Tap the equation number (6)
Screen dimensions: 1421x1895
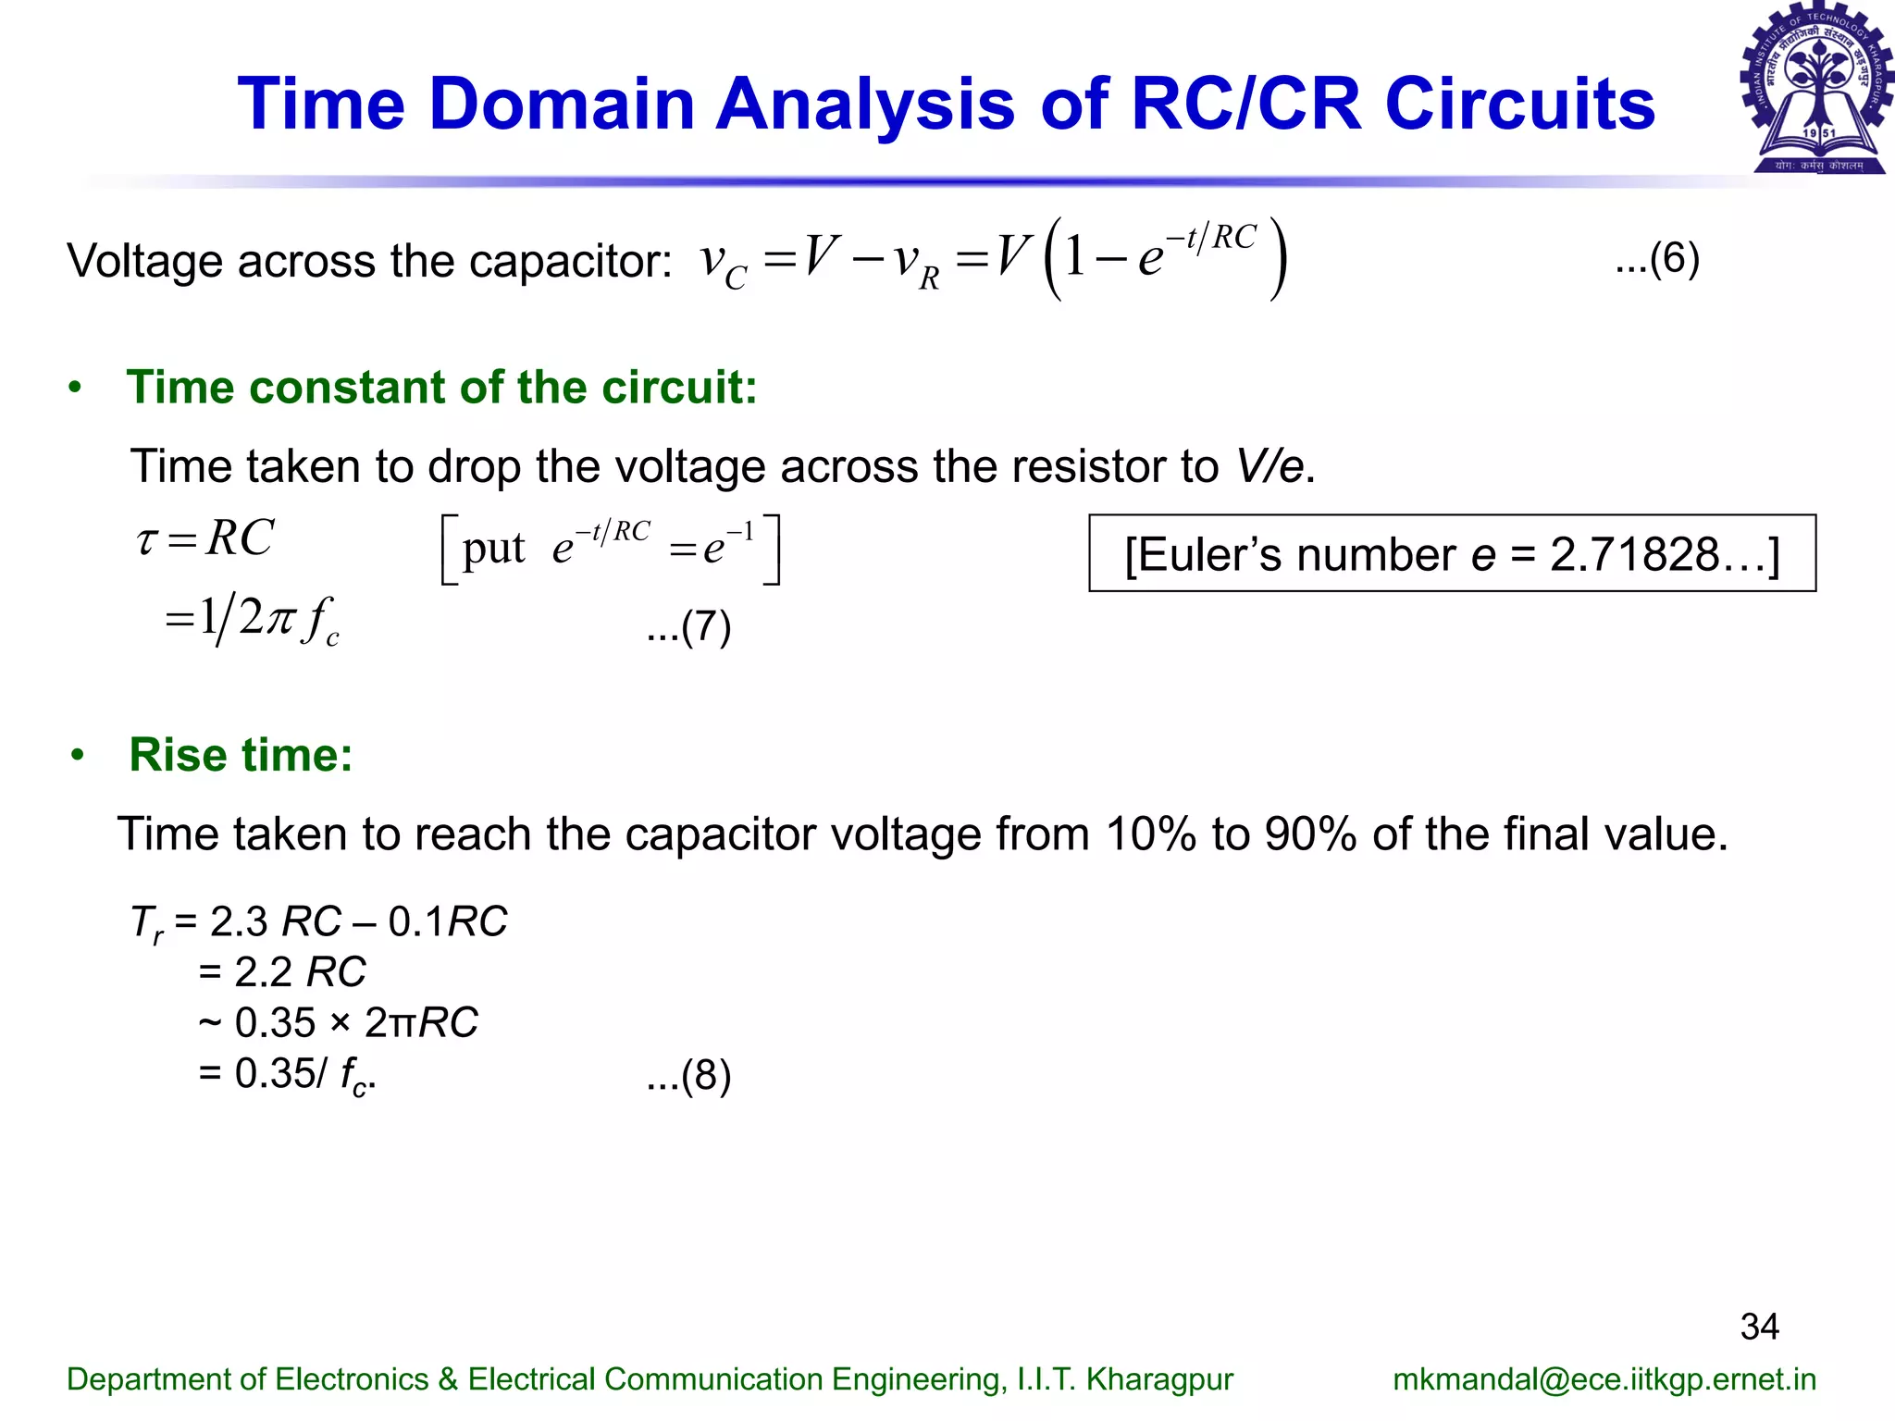(1657, 259)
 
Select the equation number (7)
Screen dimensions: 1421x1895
(689, 627)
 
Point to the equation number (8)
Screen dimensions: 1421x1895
(689, 1076)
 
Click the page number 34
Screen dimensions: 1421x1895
(1759, 1327)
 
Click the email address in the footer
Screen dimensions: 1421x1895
(1604, 1379)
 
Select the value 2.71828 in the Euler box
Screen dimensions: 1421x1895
(1634, 555)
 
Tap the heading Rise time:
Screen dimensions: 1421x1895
(241, 755)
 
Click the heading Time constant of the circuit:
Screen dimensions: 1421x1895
(441, 388)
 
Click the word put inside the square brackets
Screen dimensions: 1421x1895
(493, 550)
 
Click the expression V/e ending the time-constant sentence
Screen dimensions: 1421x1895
(1271, 466)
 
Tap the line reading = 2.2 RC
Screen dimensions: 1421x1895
(282, 972)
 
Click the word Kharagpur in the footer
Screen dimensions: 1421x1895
(1159, 1379)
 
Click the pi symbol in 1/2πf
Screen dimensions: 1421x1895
(279, 619)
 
